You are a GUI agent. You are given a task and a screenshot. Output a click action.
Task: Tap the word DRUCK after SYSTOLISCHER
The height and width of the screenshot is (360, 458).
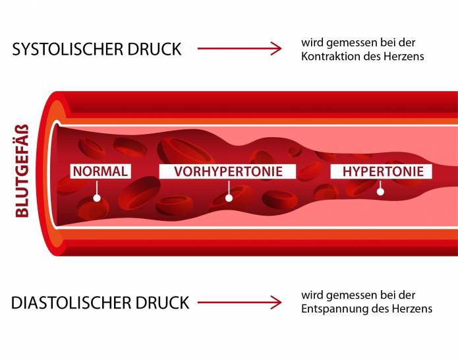click(157, 49)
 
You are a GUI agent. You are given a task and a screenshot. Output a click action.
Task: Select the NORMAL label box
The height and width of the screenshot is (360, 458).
click(100, 171)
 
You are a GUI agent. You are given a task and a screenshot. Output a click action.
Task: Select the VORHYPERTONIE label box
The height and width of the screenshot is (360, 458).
click(228, 171)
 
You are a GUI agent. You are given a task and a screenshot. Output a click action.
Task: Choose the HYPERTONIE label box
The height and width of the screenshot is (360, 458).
click(382, 171)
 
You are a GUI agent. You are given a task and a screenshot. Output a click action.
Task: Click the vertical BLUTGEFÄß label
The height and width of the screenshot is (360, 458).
click(22, 171)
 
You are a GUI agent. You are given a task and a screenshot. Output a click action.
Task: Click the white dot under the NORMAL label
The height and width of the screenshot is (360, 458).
click(97, 197)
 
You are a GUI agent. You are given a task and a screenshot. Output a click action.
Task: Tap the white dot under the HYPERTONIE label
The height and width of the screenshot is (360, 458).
click(380, 192)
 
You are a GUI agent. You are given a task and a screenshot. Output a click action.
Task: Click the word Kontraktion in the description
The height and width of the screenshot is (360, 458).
click(326, 56)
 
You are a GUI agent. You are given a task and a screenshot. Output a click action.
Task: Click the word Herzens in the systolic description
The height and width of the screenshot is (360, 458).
click(405, 56)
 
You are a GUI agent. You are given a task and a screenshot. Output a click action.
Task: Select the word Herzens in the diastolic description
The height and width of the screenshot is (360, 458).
click(414, 309)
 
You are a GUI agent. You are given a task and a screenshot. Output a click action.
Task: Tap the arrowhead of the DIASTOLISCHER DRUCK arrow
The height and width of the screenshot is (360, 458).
click(275, 303)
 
